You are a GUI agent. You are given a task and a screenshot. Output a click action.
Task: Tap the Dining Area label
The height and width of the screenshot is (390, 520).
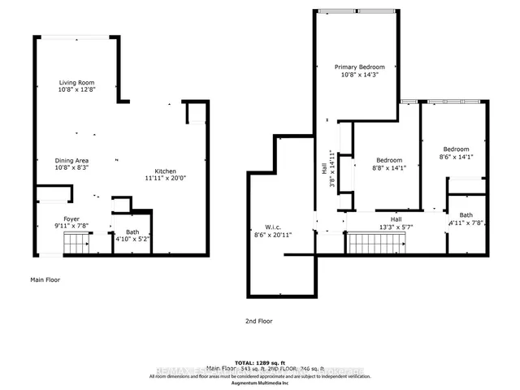click(x=71, y=161)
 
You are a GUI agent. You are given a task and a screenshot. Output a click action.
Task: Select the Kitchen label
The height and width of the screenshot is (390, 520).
click(x=166, y=171)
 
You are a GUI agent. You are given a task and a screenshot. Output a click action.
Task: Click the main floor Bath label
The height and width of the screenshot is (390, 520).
click(x=131, y=232)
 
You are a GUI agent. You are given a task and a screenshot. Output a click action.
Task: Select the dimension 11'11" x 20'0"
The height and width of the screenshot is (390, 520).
click(x=166, y=180)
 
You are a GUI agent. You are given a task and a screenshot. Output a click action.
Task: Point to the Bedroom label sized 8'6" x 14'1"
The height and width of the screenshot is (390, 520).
click(x=455, y=149)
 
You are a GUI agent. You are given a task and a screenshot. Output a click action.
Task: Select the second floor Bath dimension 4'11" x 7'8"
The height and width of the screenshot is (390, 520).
click(x=466, y=223)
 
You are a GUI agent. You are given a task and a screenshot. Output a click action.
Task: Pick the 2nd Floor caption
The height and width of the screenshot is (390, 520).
click(x=259, y=321)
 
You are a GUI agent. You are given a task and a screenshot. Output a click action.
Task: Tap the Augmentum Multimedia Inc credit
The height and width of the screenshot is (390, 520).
click(x=259, y=383)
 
